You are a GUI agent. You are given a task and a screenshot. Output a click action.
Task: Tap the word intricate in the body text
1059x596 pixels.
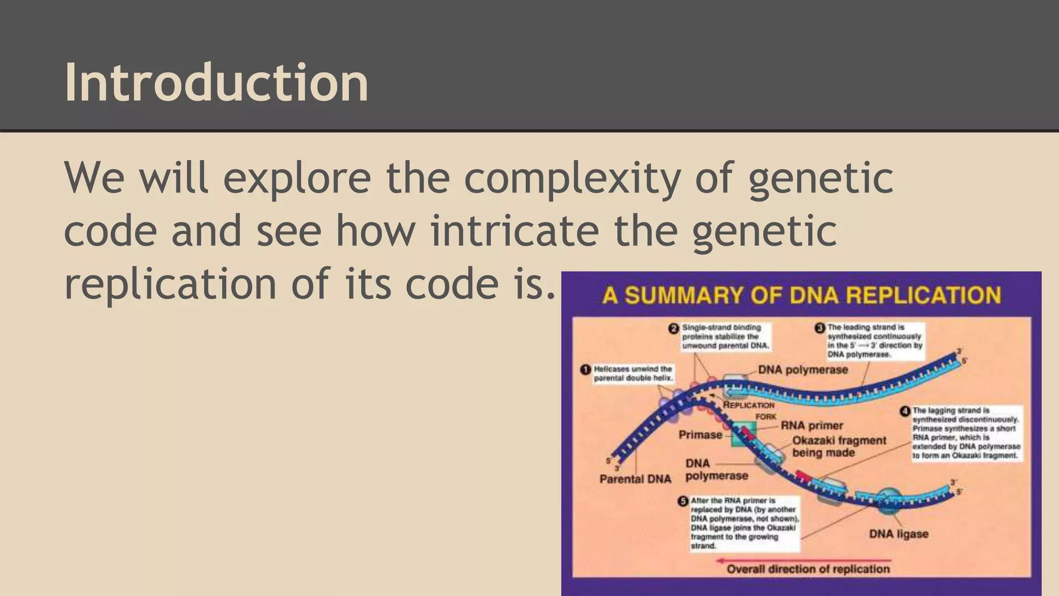pyautogui.click(x=515, y=231)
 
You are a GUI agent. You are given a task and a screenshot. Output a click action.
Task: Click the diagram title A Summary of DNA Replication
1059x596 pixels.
pyautogui.click(x=801, y=295)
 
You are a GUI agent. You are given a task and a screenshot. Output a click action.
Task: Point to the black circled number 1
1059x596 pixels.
pyautogui.click(x=585, y=369)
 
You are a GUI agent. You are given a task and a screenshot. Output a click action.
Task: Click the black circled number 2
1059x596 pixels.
pyautogui.click(x=674, y=329)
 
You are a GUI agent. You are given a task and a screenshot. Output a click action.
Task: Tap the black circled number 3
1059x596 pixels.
pyautogui.click(x=820, y=328)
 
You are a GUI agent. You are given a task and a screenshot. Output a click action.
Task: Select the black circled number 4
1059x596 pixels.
pyautogui.click(x=904, y=411)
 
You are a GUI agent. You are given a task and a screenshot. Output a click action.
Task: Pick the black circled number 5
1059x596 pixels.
pyautogui.click(x=683, y=501)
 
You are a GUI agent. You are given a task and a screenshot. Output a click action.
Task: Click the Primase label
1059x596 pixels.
pyautogui.click(x=700, y=435)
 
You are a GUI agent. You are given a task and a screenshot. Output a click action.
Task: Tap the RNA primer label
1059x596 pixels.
pyautogui.click(x=812, y=426)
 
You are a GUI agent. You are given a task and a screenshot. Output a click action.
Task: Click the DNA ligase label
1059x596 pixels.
pyautogui.click(x=899, y=534)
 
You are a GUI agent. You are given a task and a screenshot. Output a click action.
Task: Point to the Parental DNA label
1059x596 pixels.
pyautogui.click(x=635, y=479)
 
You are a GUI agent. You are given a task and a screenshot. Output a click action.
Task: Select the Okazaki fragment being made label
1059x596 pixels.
pyautogui.click(x=839, y=446)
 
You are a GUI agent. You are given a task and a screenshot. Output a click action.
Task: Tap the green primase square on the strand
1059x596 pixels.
pyautogui.click(x=744, y=434)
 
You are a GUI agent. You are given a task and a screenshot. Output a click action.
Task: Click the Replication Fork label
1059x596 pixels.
pyautogui.click(x=750, y=410)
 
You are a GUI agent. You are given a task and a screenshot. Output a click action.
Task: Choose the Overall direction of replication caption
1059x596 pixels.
pyautogui.click(x=808, y=570)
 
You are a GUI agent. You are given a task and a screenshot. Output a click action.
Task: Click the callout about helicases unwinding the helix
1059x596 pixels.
pyautogui.click(x=632, y=374)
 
